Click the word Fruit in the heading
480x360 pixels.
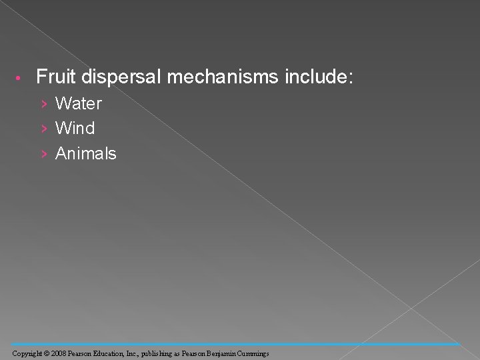57,77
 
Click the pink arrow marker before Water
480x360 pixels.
43,104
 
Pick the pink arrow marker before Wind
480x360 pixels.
43,129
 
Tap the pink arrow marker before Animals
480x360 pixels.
43,154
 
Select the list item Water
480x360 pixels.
79,103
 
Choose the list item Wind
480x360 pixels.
75,128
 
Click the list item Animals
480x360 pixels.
86,153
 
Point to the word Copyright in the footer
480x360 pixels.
26,353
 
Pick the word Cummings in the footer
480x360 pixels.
253,353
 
